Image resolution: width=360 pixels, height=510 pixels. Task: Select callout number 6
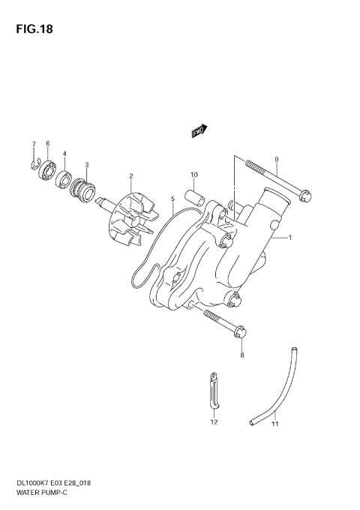tap(47, 143)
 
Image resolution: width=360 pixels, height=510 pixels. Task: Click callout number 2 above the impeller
tap(130, 176)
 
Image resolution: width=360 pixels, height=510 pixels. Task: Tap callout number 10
tap(193, 175)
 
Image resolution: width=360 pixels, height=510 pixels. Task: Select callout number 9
tap(277, 159)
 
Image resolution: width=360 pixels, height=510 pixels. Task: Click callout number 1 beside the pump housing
tap(289, 238)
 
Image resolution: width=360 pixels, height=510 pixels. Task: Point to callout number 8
tap(241, 356)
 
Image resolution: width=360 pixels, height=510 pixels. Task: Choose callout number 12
tap(213, 422)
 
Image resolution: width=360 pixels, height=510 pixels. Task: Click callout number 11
tap(274, 424)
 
